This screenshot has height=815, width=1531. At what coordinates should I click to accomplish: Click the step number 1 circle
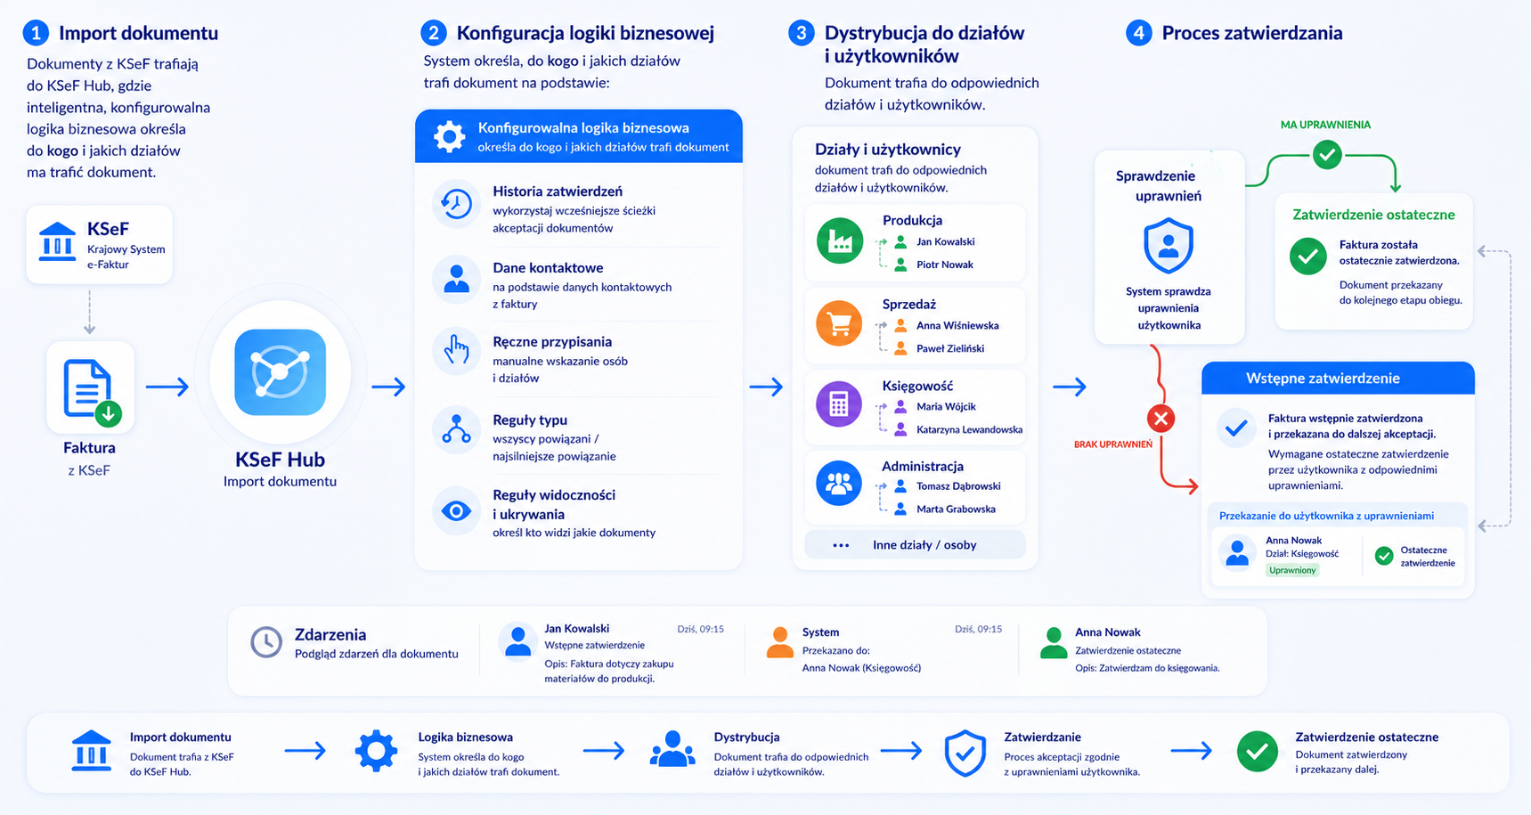click(x=36, y=33)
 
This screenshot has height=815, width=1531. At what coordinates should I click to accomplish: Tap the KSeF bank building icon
click(x=58, y=241)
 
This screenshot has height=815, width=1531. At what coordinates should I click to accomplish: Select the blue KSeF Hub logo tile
click(x=280, y=372)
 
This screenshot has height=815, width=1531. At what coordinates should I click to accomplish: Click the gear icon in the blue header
click(x=449, y=136)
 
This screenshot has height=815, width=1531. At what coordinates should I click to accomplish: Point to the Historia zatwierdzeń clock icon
click(x=456, y=204)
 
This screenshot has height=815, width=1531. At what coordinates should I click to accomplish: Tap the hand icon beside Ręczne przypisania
click(x=456, y=349)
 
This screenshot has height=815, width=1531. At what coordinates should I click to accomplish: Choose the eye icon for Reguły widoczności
click(x=456, y=511)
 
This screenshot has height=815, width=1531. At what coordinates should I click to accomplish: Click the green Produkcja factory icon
click(x=839, y=240)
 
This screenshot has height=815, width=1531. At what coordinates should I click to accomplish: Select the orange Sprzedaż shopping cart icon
click(x=839, y=322)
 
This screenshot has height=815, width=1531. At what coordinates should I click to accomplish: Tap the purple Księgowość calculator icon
click(x=839, y=403)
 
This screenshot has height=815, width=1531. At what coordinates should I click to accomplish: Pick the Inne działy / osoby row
click(x=915, y=545)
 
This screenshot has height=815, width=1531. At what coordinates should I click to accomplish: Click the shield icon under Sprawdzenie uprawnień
click(x=1169, y=247)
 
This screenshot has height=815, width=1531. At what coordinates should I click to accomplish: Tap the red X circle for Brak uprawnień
click(x=1160, y=418)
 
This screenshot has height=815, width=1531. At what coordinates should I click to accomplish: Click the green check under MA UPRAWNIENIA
click(x=1327, y=154)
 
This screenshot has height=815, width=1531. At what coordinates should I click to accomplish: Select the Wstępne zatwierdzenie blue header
click(x=1338, y=378)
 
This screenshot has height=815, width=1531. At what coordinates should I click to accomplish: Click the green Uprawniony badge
click(x=1292, y=570)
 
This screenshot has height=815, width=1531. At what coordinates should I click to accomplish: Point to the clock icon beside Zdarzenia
click(x=265, y=642)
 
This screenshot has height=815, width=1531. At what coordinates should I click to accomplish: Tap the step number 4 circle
click(x=1138, y=33)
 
